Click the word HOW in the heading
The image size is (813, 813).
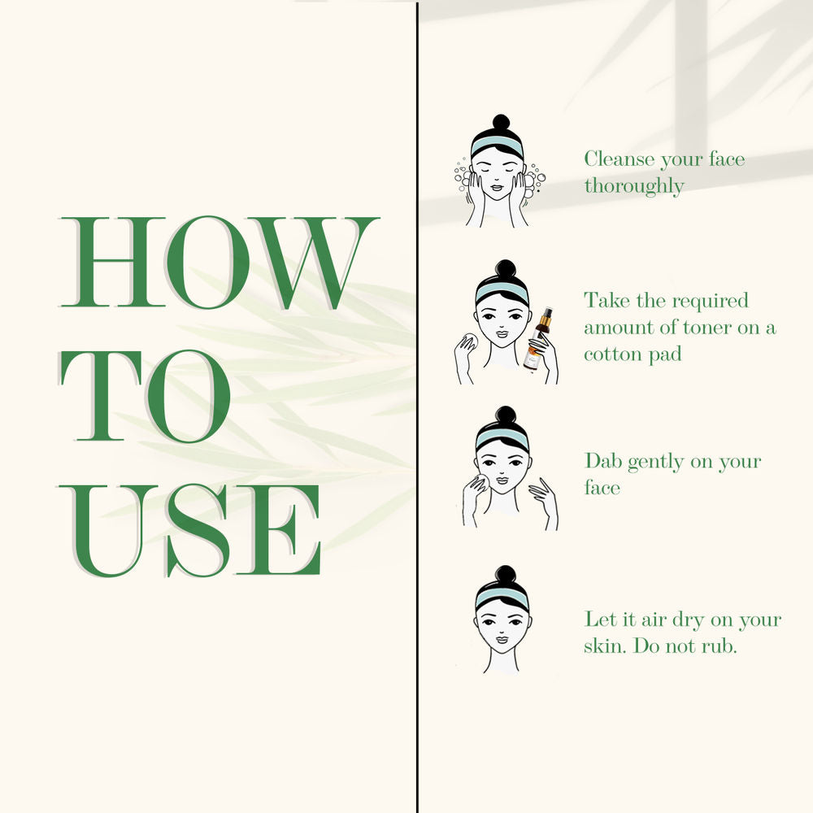coord(220,263)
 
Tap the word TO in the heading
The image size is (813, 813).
coord(146,397)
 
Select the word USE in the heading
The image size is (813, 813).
coord(189,530)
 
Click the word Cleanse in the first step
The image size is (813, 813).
coord(619,159)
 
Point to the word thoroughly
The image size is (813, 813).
coord(634,186)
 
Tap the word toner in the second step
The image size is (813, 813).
coord(709,328)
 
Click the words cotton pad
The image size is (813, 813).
coord(633,355)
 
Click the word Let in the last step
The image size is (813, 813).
coord(600,619)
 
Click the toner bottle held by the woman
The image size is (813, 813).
coord(537,339)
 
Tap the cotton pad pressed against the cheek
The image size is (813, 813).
coord(480,481)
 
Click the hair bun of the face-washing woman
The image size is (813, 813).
coord(501,123)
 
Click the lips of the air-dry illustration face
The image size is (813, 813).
coord(502,639)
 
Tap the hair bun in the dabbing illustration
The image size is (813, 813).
coord(506,415)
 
